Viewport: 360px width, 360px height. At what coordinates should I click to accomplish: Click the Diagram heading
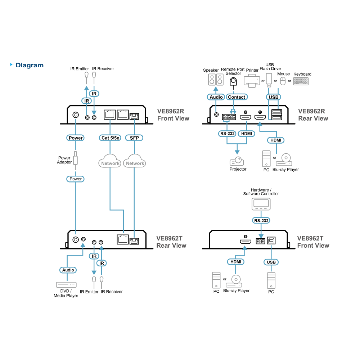pos(30,65)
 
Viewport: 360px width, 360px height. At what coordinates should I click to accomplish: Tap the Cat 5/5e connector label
pos(110,138)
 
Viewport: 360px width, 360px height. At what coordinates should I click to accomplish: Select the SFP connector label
pos(134,138)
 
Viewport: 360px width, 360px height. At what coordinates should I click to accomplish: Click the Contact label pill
pos(237,97)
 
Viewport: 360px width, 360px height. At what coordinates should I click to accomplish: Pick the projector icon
pos(237,161)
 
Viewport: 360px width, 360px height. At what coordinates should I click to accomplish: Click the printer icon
pos(252,81)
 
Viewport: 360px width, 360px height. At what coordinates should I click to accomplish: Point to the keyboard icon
pos(301,81)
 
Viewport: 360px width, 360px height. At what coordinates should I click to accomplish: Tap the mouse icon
pos(283,81)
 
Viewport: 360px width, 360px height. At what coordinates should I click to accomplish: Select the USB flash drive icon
pos(269,80)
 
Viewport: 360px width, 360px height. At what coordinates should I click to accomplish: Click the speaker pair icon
pos(216,80)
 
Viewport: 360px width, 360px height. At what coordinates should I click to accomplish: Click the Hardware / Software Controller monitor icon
pos(261,204)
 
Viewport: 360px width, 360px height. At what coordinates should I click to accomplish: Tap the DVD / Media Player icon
pos(66,285)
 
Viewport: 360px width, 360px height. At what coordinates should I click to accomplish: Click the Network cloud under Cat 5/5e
pos(110,161)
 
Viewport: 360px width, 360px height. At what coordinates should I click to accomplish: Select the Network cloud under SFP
pos(135,161)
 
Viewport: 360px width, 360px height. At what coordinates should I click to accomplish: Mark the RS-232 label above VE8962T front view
pos(261,220)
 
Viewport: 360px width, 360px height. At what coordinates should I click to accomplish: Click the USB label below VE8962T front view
pos(271,262)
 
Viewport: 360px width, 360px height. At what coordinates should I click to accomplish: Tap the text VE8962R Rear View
pos(313,115)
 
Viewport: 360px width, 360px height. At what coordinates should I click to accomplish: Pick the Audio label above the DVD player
pos(68,270)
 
